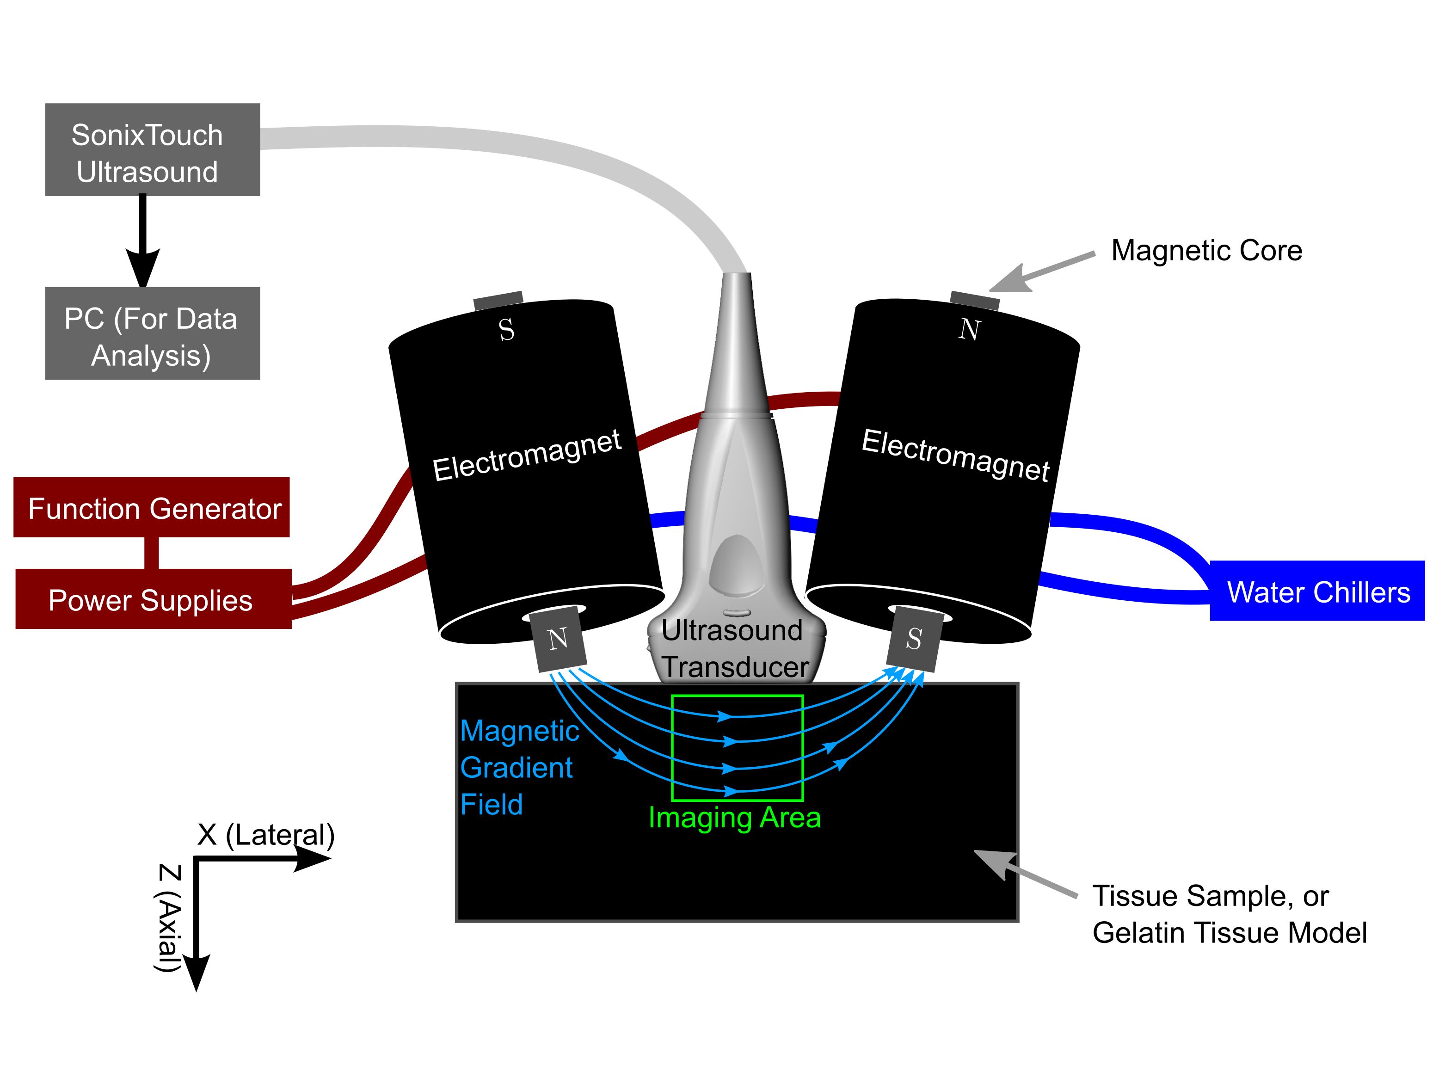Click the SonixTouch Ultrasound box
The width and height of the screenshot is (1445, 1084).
(152, 150)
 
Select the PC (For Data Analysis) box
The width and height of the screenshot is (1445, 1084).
(152, 333)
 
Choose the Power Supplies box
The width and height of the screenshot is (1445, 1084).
(153, 599)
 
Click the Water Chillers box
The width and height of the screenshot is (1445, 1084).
(1317, 591)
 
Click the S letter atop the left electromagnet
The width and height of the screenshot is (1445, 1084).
(506, 330)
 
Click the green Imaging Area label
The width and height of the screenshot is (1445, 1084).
(734, 818)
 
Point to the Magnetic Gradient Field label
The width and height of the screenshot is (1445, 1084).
(519, 767)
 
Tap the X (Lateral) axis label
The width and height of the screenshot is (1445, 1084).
(265, 835)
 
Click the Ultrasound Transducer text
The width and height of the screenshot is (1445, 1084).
(734, 649)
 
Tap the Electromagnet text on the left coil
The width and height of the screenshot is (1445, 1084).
(527, 456)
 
